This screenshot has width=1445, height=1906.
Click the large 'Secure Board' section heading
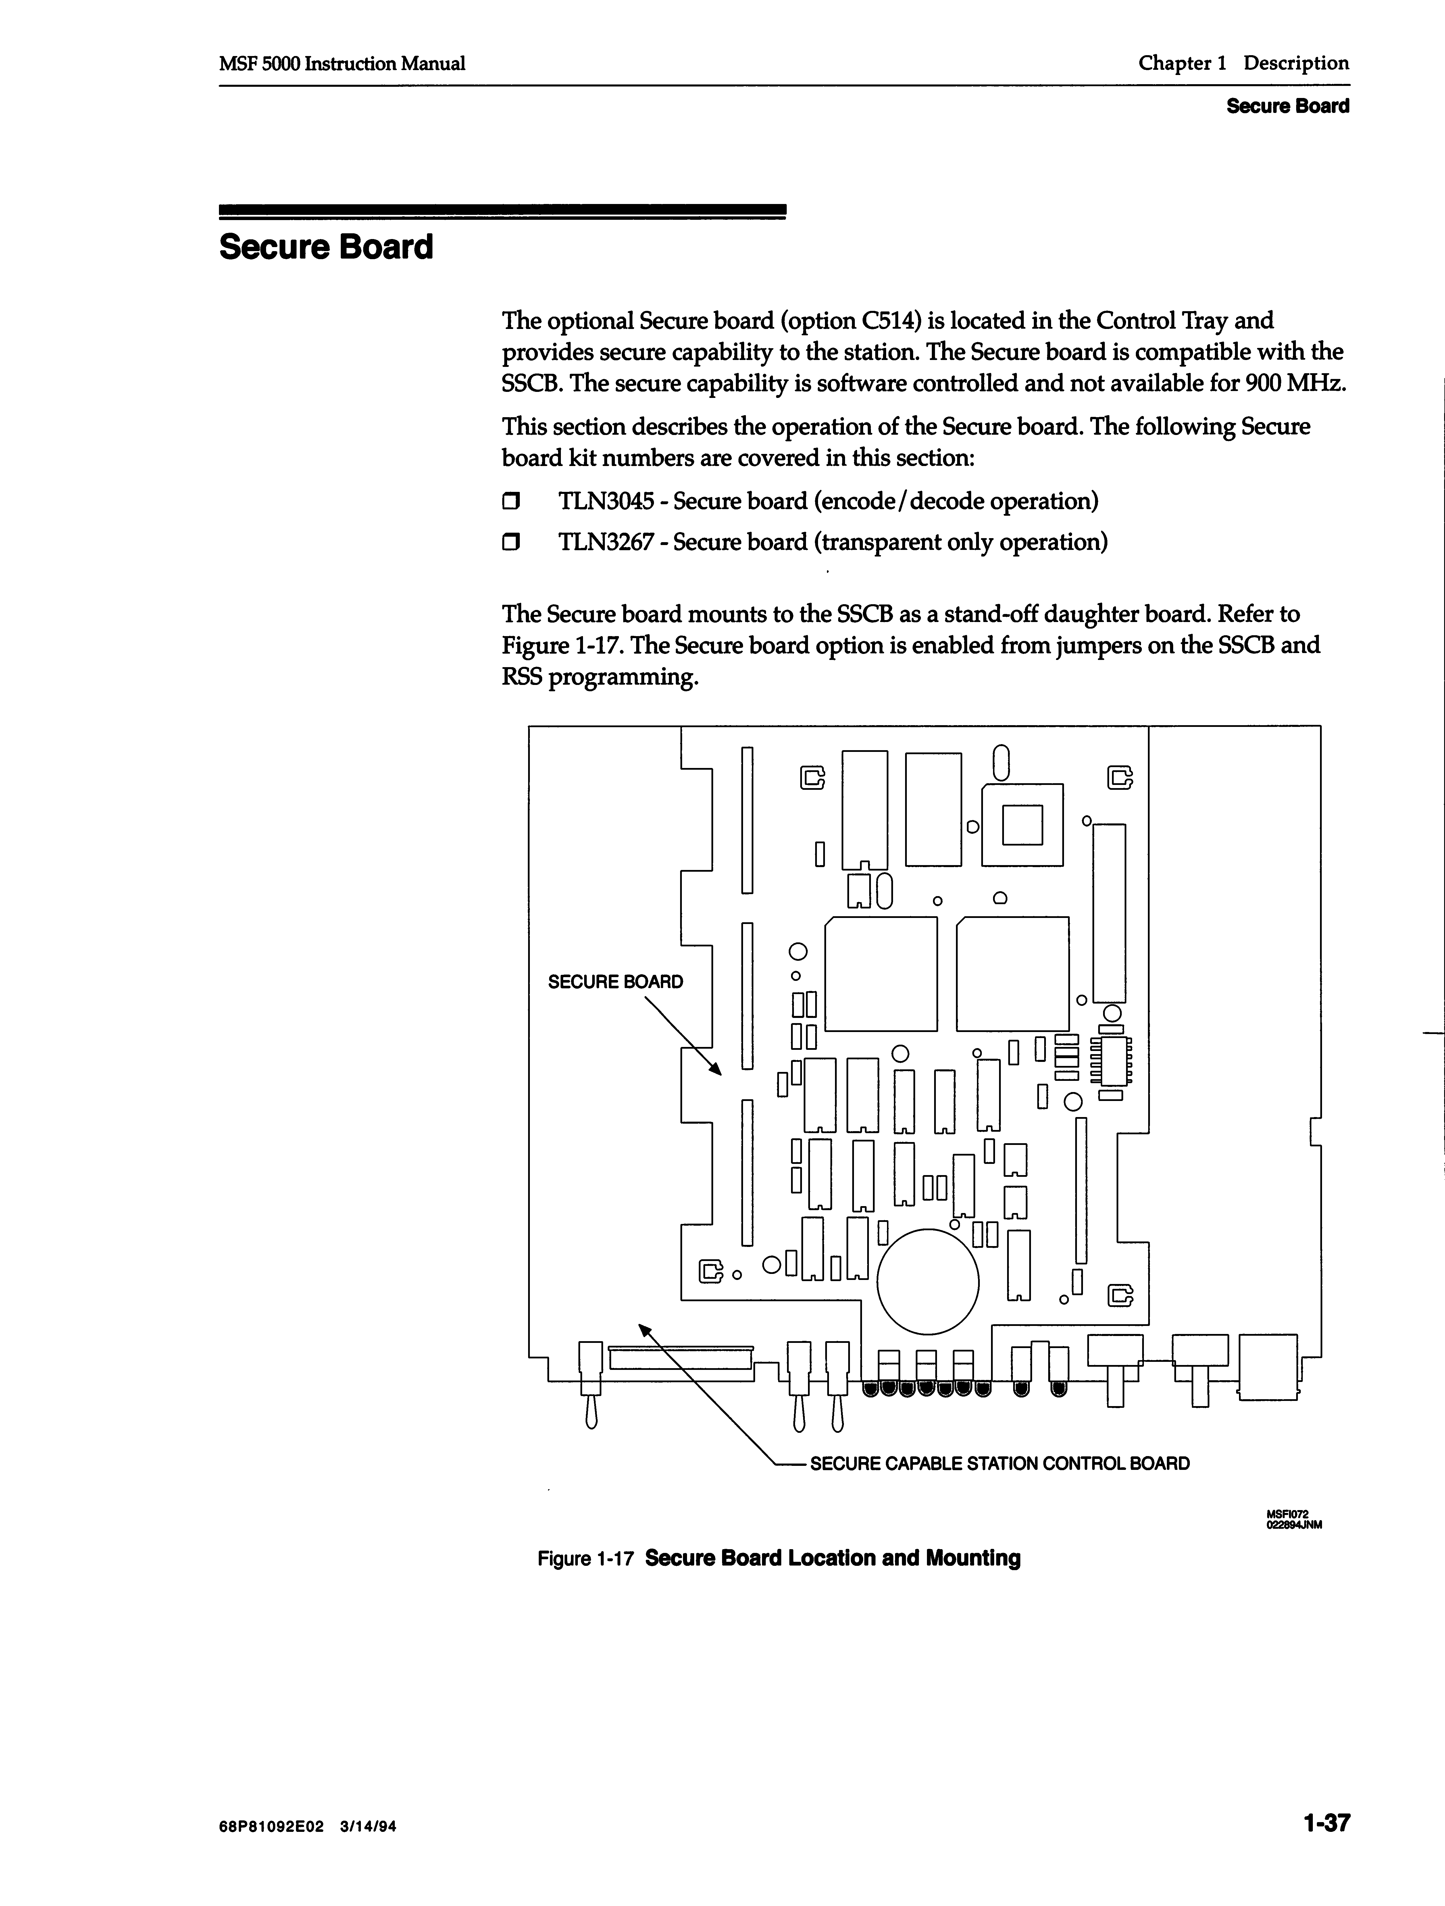coord(326,247)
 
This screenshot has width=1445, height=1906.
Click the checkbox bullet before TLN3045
coord(512,501)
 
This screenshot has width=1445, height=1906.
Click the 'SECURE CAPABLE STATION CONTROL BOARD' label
coord(1000,1463)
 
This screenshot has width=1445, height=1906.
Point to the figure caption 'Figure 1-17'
coord(586,1559)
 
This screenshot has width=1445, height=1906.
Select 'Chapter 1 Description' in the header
coord(1243,63)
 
